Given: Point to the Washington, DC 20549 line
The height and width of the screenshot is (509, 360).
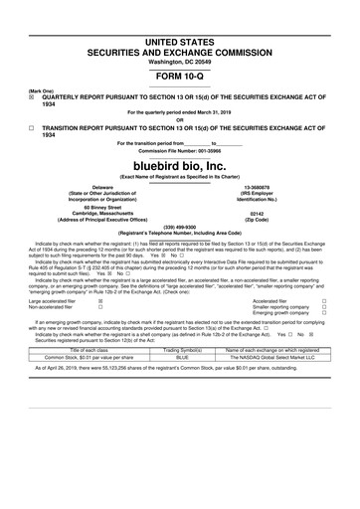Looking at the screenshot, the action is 179,61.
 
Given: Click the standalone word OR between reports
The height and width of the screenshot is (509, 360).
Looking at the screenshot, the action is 180,121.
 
